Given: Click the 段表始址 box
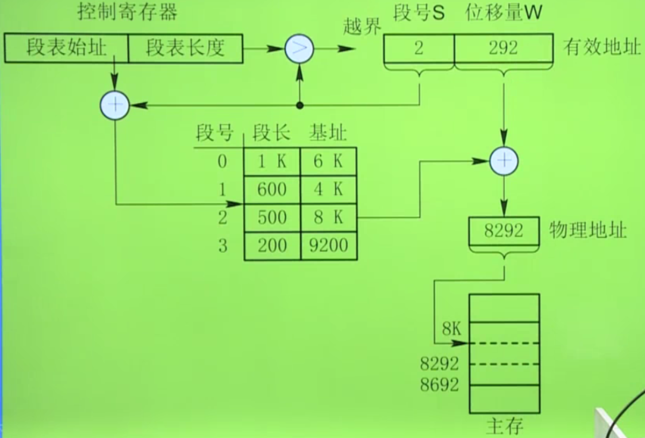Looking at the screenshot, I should [x=66, y=48].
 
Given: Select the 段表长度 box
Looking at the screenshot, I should [x=185, y=48].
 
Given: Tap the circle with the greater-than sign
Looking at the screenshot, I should [x=300, y=49].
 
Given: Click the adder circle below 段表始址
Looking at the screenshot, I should [x=115, y=105].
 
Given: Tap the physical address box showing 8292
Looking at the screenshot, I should [x=504, y=231].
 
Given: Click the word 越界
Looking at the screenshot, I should [x=362, y=26].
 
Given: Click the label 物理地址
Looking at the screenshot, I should [x=588, y=231].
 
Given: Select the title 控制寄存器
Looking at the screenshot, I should [x=128, y=13].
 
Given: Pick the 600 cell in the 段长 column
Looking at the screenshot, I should [x=272, y=190].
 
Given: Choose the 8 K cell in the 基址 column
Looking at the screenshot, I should [x=328, y=218].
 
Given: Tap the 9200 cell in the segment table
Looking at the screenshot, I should [x=328, y=246].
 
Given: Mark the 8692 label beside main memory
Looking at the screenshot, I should [x=440, y=385].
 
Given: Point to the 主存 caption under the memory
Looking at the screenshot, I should [x=504, y=426].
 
